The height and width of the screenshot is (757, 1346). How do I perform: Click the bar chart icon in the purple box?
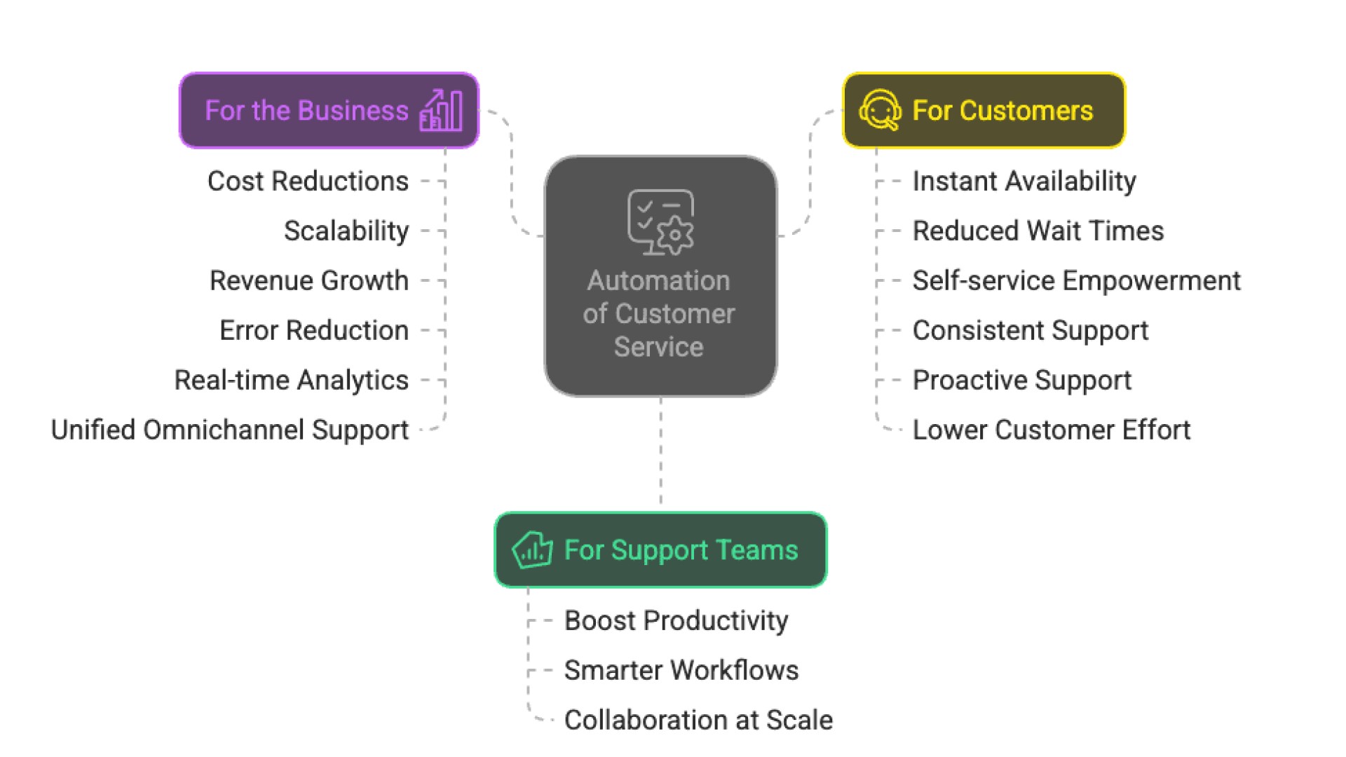coord(441,111)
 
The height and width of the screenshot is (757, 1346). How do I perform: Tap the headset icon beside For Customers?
coord(880,110)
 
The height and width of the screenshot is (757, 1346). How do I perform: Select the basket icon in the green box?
coord(532,550)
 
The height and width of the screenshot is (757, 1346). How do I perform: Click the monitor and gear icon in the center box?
coord(660,222)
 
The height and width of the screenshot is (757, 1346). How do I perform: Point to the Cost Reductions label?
coord(308,182)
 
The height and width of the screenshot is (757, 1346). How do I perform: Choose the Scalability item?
coord(346,231)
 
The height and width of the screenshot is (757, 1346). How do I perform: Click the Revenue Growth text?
coord(309,281)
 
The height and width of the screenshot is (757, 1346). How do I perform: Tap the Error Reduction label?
coord(314,331)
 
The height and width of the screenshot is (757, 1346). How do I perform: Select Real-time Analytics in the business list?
coord(291,381)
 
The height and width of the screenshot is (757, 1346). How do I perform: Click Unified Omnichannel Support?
coord(230,430)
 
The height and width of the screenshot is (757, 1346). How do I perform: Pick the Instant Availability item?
coord(1024,182)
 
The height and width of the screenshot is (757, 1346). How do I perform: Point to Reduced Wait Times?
coord(1038,231)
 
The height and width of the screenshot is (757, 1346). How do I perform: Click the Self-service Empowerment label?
coord(1076,281)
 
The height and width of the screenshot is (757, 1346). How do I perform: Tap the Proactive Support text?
coord(1022,381)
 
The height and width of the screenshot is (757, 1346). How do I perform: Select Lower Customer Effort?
coord(1052,430)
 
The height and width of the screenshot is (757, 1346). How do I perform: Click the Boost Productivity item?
coord(677,621)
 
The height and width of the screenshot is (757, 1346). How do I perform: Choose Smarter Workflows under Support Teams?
coord(681,671)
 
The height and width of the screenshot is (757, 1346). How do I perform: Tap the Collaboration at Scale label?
coord(698,721)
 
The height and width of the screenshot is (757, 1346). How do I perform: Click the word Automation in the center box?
coord(659,281)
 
